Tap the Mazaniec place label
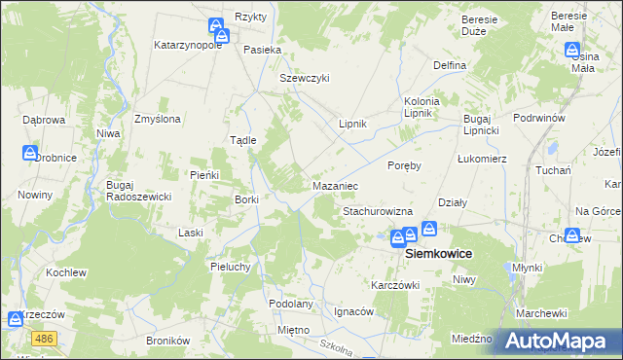point(337,185)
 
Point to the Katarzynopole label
point(190,45)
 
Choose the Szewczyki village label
point(305,79)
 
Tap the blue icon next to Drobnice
point(30,153)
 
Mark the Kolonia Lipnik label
point(422,107)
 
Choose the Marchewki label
point(542,312)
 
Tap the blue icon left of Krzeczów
point(16,318)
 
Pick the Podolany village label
point(291,304)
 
